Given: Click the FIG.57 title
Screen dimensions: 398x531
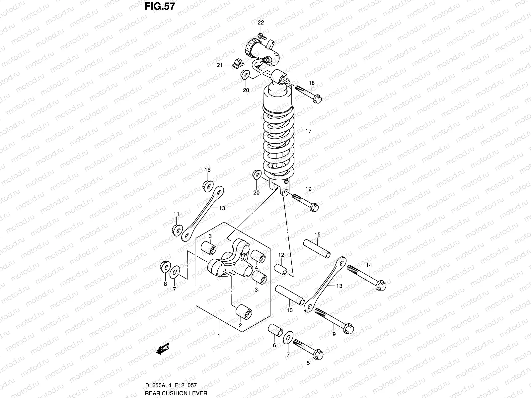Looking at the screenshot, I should (x=159, y=7).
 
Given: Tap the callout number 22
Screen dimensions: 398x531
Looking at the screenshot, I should (x=261, y=23).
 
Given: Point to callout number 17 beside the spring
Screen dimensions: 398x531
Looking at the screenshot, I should (x=308, y=131).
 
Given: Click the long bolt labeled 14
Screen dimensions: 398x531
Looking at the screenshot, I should (x=366, y=278).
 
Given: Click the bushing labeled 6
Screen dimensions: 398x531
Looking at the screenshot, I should (x=275, y=332).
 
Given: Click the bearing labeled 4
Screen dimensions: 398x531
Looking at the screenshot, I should (x=258, y=257).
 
